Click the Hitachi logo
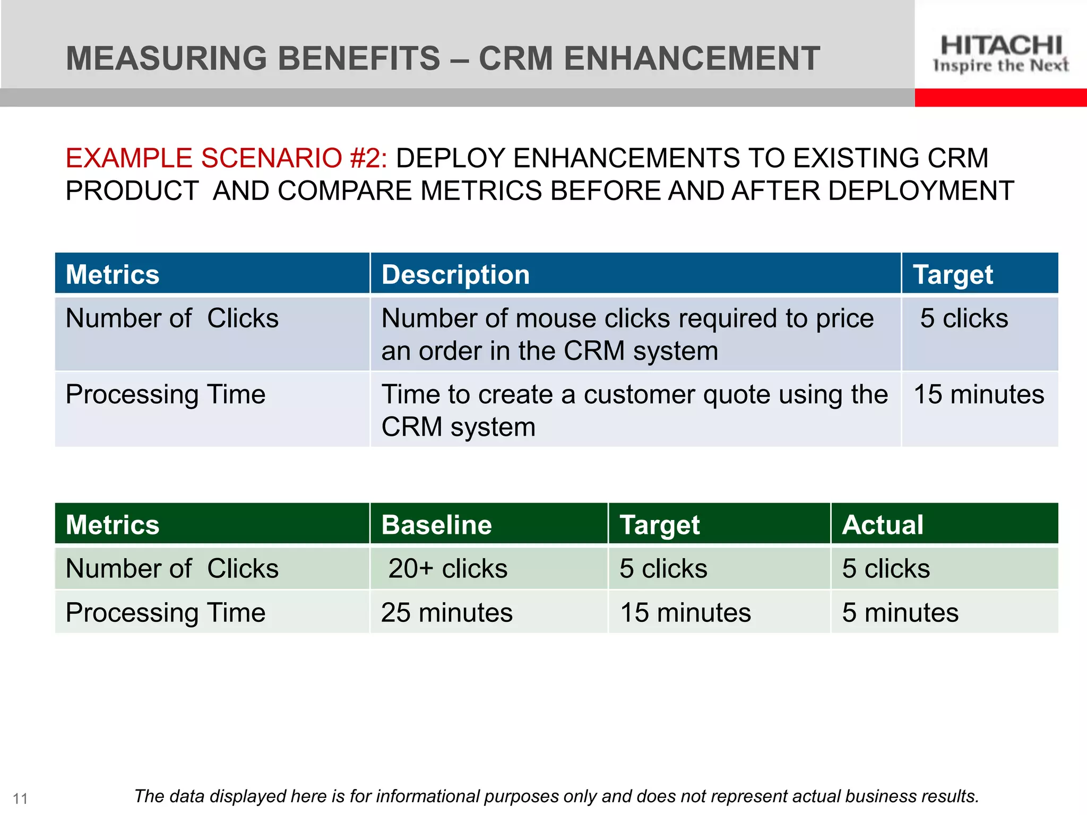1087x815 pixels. (1000, 53)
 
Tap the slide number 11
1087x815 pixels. (20, 799)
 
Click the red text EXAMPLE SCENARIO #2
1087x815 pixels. (227, 158)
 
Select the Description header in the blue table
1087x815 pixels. (455, 275)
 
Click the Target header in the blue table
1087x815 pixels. (953, 275)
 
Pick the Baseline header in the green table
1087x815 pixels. (436, 525)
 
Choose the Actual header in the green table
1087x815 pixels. (883, 525)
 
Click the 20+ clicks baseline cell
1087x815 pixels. (447, 568)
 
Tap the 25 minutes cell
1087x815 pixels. (446, 612)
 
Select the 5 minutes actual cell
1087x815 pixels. (900, 612)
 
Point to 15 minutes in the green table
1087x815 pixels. (685, 612)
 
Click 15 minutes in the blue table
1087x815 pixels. (979, 395)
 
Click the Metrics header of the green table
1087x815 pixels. (113, 525)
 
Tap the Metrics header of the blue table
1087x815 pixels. (113, 275)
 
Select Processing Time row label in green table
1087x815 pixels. (165, 612)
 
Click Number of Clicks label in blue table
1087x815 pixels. (172, 318)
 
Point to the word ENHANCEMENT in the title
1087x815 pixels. (692, 58)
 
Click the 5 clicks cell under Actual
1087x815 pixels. (886, 568)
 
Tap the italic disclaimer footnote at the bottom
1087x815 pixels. (556, 796)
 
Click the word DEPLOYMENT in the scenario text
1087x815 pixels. (921, 191)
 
